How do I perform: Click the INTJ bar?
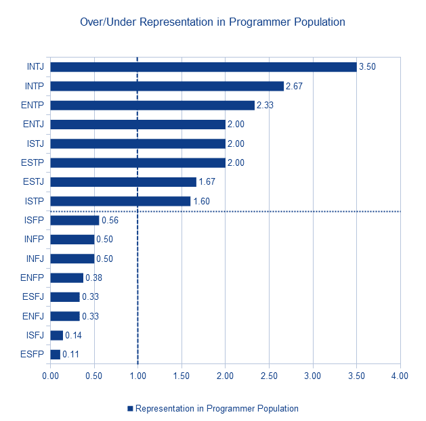pyautogui.click(x=203, y=67)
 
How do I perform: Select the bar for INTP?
pyautogui.click(x=167, y=86)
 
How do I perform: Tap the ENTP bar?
pyautogui.click(x=152, y=106)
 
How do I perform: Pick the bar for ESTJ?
pyautogui.click(x=123, y=182)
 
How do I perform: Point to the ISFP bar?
pyautogui.click(x=74, y=221)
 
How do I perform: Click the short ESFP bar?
pyautogui.click(x=55, y=355)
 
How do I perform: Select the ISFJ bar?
pyautogui.click(x=56, y=335)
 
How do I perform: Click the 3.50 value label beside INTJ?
pyautogui.click(x=367, y=67)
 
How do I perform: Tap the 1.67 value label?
pyautogui.click(x=207, y=181)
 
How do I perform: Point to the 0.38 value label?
pyautogui.click(x=93, y=278)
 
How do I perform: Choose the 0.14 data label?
pyautogui.click(x=73, y=335)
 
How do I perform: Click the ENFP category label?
pyautogui.click(x=32, y=278)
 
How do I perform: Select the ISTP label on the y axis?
pyautogui.click(x=35, y=201)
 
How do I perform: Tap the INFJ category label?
pyautogui.click(x=35, y=259)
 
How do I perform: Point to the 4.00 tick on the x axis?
pyautogui.click(x=400, y=376)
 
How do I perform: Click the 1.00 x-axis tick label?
pyautogui.click(x=137, y=376)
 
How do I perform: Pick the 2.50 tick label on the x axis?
pyautogui.click(x=269, y=376)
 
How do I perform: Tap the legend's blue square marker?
pyautogui.click(x=130, y=409)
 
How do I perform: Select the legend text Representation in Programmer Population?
pyautogui.click(x=217, y=409)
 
